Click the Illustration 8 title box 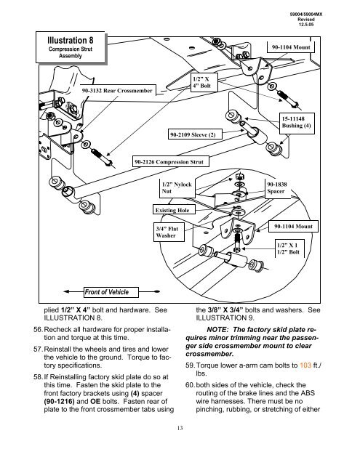pyautogui.click(x=71, y=47)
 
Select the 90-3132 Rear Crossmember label pyautogui.click(x=117, y=90)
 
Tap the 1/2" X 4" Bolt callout pyautogui.click(x=204, y=82)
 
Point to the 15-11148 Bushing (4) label pyautogui.click(x=297, y=123)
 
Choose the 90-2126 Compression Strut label pyautogui.click(x=170, y=162)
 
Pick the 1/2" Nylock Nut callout pyautogui.click(x=177, y=187)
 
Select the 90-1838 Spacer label pyautogui.click(x=277, y=188)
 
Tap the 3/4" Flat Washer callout pyautogui.click(x=169, y=232)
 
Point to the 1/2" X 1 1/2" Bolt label pyautogui.click(x=289, y=248)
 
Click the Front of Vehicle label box pyautogui.click(x=111, y=292)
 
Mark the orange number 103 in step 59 pyautogui.click(x=305, y=365)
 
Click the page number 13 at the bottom pyautogui.click(x=180, y=428)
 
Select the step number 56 pyautogui.click(x=38, y=329)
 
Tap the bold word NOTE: pyautogui.click(x=217, y=330)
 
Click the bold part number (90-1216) pyautogui.click(x=60, y=402)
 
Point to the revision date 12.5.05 pyautogui.click(x=306, y=25)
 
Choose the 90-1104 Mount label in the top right pyautogui.click(x=291, y=47)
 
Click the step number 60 pyautogui.click(x=190, y=385)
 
